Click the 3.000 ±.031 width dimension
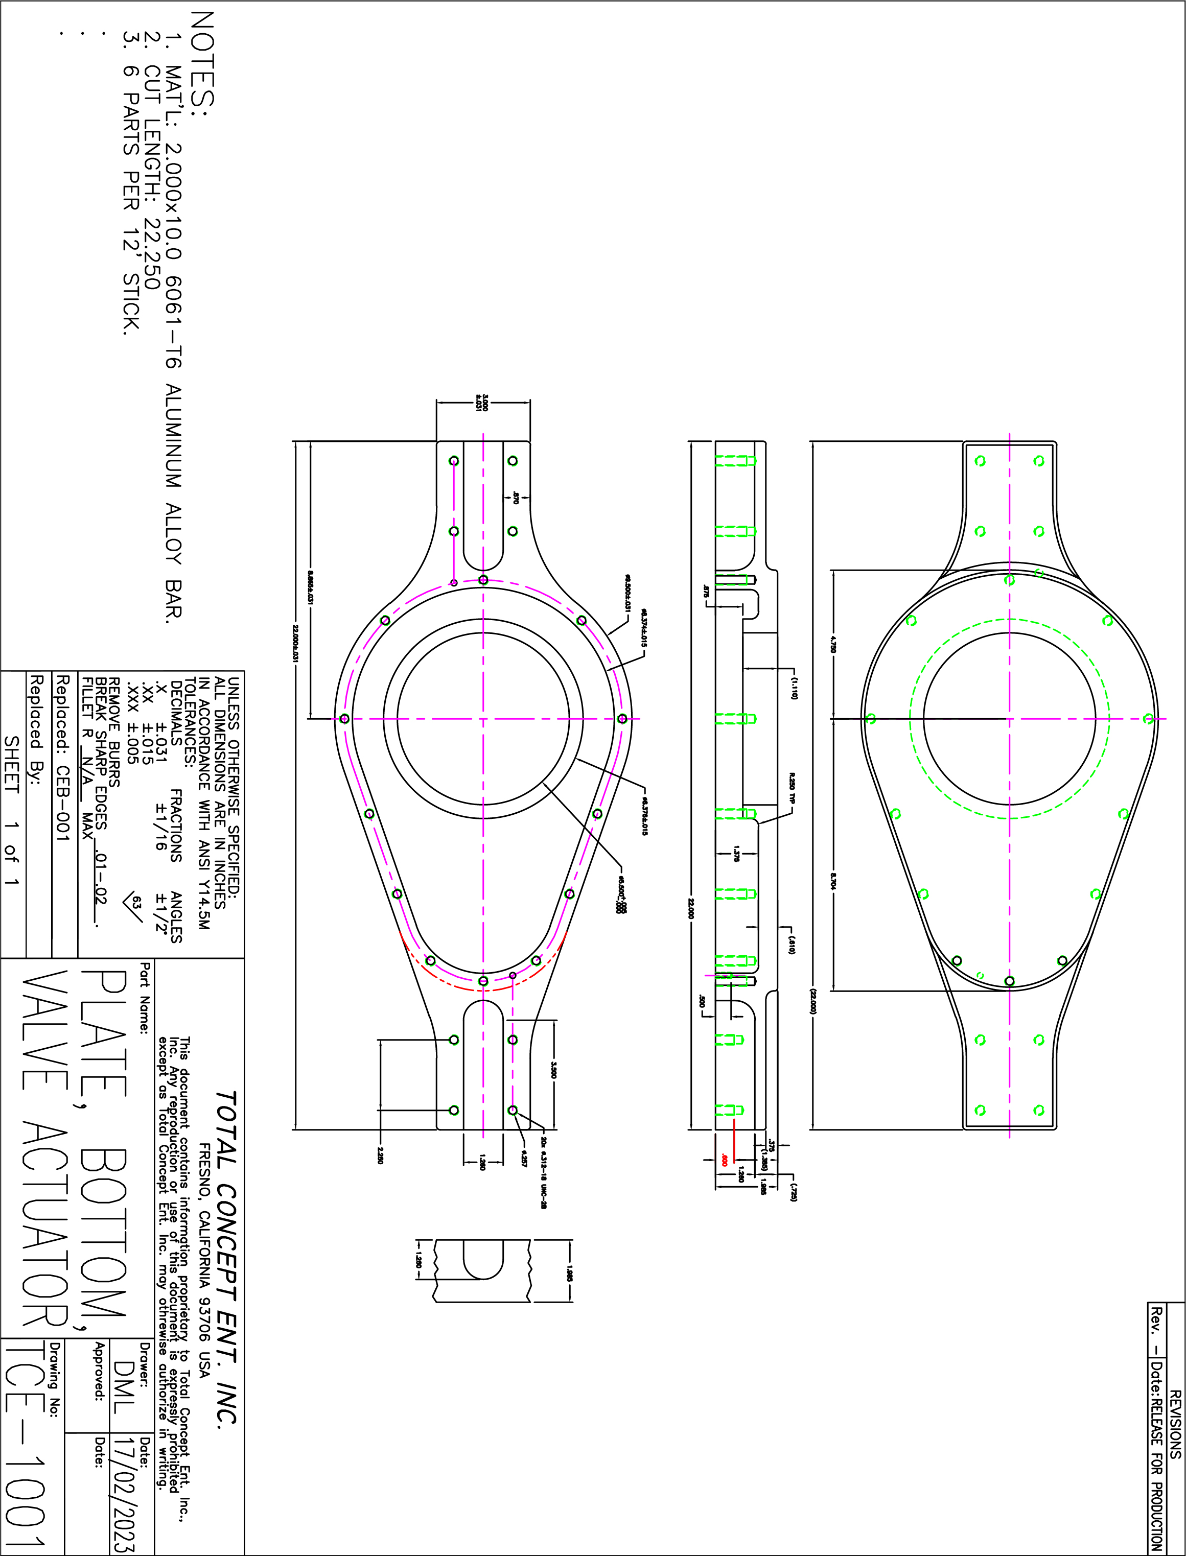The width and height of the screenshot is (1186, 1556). coord(483,405)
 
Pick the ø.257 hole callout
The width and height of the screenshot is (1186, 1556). coord(524,1158)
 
